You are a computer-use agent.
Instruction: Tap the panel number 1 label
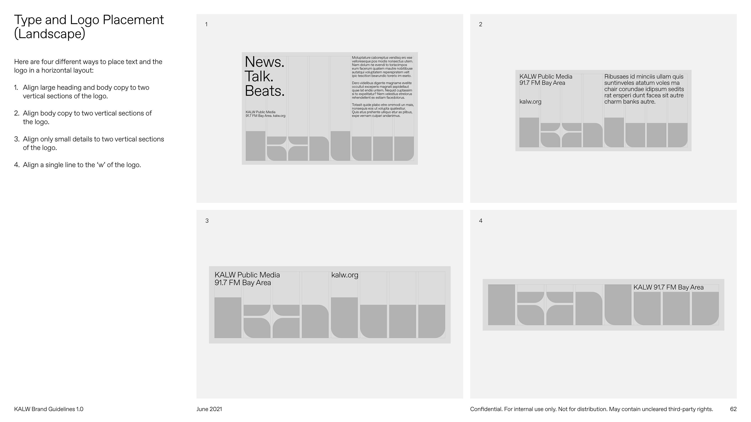click(206, 24)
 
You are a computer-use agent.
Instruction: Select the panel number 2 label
click(481, 24)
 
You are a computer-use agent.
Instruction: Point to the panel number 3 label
click(207, 221)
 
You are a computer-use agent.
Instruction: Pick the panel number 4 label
click(481, 221)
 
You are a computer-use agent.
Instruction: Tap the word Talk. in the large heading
click(259, 76)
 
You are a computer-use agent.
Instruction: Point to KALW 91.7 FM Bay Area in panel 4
click(668, 287)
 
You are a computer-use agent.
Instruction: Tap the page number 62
click(733, 409)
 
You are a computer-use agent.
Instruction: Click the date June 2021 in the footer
click(209, 409)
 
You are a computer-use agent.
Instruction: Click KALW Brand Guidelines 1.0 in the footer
click(49, 409)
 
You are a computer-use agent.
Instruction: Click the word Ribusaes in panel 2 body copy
click(616, 77)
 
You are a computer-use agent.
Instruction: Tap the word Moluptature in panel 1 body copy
click(361, 58)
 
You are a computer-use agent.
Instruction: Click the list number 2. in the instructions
click(17, 113)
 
